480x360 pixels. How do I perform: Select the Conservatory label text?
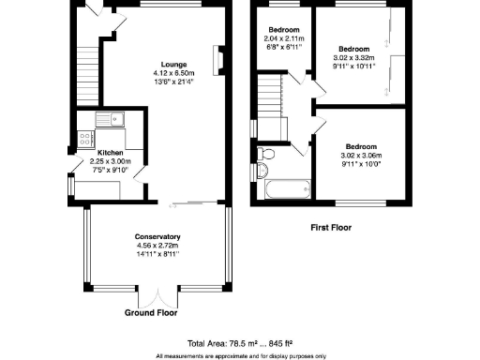tap(157, 235)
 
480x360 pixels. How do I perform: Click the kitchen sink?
tap(111, 117)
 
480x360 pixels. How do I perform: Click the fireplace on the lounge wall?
tap(218, 59)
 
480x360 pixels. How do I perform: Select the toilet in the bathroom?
tap(265, 153)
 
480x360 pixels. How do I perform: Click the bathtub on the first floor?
tap(288, 189)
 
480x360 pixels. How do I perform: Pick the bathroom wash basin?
tap(262, 171)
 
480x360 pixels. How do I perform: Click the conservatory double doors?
tap(157, 292)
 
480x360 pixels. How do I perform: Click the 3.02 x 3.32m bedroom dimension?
tap(352, 58)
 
